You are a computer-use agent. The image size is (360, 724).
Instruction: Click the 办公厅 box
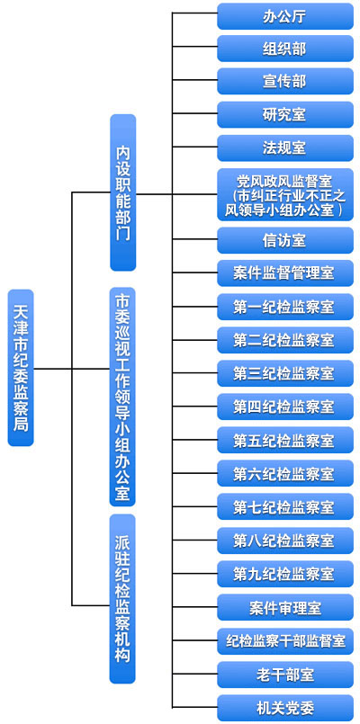[x=285, y=16]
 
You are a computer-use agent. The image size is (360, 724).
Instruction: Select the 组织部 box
[x=285, y=49]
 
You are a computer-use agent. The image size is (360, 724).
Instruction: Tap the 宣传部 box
[x=285, y=81]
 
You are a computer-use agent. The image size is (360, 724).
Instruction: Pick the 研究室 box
[x=285, y=114]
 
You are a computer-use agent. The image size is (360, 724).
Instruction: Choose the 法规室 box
[x=285, y=147]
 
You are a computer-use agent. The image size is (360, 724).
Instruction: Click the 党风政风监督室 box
[x=285, y=194]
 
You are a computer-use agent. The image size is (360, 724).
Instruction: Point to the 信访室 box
[x=285, y=240]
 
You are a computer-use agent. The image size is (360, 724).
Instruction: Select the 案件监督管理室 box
[x=285, y=273]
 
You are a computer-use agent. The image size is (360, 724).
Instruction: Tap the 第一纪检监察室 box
[x=285, y=307]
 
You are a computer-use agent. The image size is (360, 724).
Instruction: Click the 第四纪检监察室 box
[x=285, y=407]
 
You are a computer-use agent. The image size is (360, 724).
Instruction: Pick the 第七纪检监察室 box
[x=285, y=506]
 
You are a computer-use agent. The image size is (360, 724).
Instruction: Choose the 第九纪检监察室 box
[x=285, y=574]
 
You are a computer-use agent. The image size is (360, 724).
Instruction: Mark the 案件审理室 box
[x=285, y=607]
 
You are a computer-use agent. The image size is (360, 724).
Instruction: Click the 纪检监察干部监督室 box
[x=285, y=641]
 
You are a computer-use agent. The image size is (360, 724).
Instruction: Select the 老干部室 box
[x=285, y=675]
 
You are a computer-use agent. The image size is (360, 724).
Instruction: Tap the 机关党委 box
[x=285, y=708]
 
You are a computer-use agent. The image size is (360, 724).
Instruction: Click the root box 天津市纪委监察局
[x=21, y=368]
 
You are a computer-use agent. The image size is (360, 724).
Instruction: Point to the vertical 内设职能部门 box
[x=123, y=192]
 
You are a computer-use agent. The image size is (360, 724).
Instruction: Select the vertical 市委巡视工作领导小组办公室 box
[x=122, y=397]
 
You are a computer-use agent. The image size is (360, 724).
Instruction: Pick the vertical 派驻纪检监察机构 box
[x=122, y=598]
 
